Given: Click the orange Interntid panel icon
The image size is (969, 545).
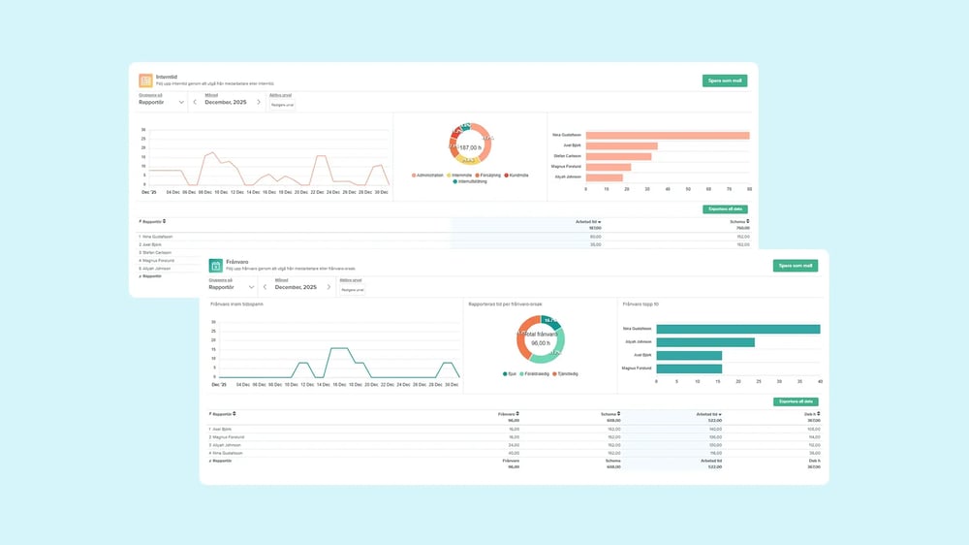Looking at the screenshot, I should (145, 81).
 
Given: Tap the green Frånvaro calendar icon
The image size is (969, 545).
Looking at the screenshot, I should (216, 265).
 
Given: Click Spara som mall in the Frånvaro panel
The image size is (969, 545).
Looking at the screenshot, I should (795, 266).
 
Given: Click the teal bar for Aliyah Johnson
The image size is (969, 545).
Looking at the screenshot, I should (705, 341).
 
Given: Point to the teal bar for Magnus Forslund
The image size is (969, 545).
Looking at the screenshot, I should (689, 369).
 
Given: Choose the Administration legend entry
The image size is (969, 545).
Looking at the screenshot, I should (427, 175).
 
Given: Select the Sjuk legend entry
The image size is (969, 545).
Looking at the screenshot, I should (510, 373).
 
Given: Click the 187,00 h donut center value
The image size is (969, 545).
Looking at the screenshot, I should (471, 147).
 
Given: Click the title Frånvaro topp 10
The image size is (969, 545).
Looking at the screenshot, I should (643, 304).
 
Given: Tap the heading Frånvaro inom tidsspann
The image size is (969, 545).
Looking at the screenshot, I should (236, 304).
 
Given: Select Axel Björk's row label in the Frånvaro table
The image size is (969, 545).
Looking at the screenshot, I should (222, 429).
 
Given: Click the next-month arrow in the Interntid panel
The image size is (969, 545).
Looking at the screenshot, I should (258, 102).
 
